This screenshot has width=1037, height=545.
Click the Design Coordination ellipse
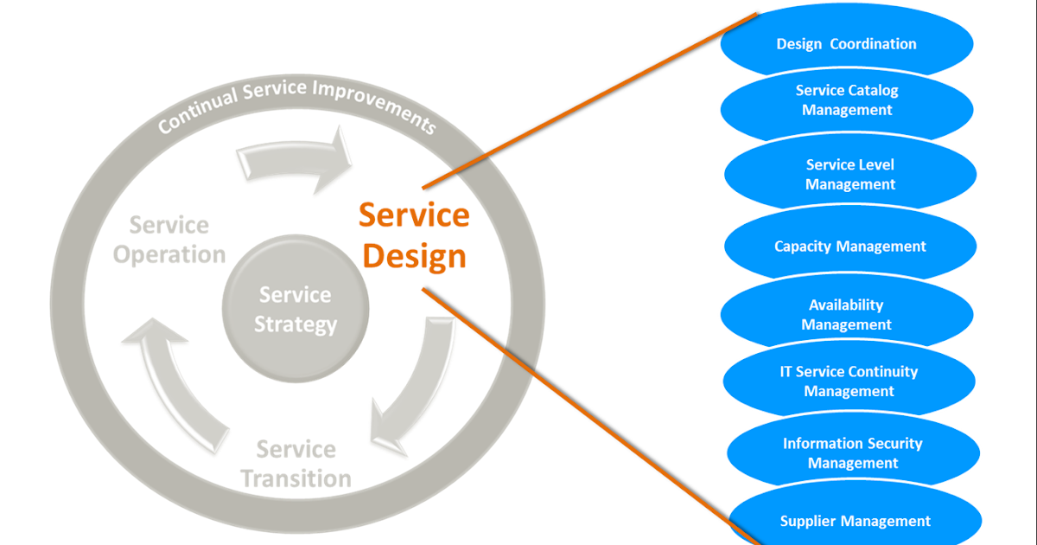[847, 43]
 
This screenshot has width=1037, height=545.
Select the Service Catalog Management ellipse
[847, 100]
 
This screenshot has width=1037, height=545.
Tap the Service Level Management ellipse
[850, 175]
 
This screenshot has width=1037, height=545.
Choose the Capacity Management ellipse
[850, 247]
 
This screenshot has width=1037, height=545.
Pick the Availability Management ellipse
[847, 315]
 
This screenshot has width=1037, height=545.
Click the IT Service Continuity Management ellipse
[849, 381]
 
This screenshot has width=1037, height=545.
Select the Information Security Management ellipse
[853, 453]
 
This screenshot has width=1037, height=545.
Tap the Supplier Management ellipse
[856, 521]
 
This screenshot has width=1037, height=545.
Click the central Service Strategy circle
[296, 310]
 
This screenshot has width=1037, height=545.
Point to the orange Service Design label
[415, 235]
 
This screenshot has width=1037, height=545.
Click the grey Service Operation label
[169, 240]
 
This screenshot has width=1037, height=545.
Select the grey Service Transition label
[296, 464]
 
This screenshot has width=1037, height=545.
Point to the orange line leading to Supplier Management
[588, 415]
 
